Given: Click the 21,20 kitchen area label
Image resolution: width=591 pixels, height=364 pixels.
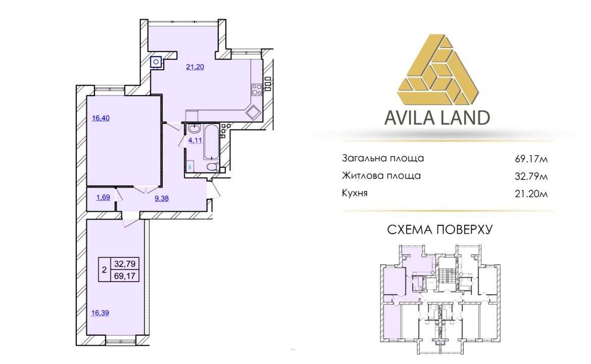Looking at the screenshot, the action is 195,67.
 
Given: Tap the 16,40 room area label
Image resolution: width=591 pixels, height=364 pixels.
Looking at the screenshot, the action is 101,118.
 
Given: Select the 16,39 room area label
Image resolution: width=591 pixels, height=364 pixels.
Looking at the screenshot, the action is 100,313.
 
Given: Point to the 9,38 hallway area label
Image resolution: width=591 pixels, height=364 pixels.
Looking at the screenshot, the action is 161,198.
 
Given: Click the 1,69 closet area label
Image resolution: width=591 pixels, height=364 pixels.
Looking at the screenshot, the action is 103,197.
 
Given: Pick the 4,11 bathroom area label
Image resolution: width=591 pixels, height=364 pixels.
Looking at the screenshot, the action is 195,141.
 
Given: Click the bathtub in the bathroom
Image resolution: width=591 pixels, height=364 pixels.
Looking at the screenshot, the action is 212,142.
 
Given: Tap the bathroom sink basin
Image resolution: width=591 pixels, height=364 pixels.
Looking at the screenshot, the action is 194,129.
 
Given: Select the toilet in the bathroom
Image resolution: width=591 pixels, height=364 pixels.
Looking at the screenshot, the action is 213,167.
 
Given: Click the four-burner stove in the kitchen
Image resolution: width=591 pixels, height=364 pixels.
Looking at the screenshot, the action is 257,89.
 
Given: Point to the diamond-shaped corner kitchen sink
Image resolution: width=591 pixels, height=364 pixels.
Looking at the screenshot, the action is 253,112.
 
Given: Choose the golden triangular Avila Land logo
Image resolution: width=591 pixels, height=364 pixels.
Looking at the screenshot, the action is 437,70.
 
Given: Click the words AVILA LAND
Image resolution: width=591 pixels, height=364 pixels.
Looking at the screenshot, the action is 437,118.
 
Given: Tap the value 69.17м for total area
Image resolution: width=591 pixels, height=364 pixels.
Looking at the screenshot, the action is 531,159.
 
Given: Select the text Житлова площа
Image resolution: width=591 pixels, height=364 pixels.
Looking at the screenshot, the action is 381,176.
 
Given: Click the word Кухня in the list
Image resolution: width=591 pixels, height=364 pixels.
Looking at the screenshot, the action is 355,193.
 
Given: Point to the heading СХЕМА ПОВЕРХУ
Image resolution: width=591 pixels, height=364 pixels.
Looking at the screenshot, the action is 440,230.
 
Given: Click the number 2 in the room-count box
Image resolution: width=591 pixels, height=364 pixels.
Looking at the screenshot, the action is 104,269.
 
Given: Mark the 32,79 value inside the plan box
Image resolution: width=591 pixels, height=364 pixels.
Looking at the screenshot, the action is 125,263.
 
